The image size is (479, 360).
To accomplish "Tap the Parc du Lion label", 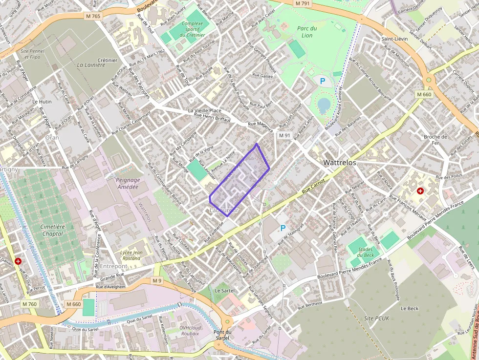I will pyautogui.click(x=307, y=32).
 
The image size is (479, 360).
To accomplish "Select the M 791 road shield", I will pyautogui.click(x=303, y=3).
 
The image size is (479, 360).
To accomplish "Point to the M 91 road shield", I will pyautogui.click(x=284, y=135).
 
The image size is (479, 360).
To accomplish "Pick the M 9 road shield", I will pyautogui.click(x=156, y=281).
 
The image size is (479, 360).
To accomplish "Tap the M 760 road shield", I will pyautogui.click(x=29, y=304).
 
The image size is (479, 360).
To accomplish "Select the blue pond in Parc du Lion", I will pyautogui.click(x=324, y=104).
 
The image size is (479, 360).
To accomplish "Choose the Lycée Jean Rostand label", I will pyautogui.click(x=131, y=255).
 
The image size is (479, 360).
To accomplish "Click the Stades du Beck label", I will pyautogui.click(x=366, y=252).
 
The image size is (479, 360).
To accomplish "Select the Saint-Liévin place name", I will pyautogui.click(x=395, y=39).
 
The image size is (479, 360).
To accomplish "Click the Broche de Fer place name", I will pyautogui.click(x=435, y=140).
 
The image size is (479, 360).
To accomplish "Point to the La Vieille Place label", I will pyautogui.click(x=204, y=111).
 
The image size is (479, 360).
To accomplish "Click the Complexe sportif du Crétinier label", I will pyautogui.click(x=192, y=29).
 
